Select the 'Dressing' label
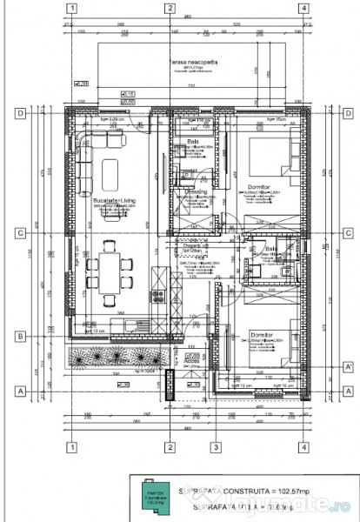(x=194, y=192)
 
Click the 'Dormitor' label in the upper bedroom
(x=260, y=180)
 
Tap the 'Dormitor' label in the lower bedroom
(x=262, y=332)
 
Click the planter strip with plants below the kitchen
(x=112, y=358)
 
